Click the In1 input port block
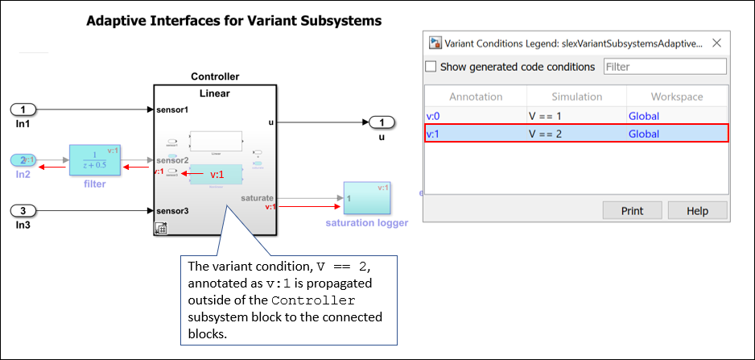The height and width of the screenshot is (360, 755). (x=24, y=109)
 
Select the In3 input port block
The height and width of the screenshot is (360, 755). (x=24, y=211)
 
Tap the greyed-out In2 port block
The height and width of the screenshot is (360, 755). (x=24, y=159)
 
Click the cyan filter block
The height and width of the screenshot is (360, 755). (x=94, y=160)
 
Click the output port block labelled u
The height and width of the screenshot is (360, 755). (x=382, y=122)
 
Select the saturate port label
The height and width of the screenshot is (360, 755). (x=256, y=197)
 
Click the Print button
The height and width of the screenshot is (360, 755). (x=632, y=211)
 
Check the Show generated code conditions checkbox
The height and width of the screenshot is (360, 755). (x=431, y=67)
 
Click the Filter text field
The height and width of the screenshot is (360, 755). (x=664, y=67)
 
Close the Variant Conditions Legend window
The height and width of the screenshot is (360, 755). (x=716, y=43)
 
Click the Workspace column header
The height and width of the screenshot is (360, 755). (x=676, y=97)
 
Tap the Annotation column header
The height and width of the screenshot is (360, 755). (x=476, y=97)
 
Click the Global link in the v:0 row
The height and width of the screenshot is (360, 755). (x=643, y=116)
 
